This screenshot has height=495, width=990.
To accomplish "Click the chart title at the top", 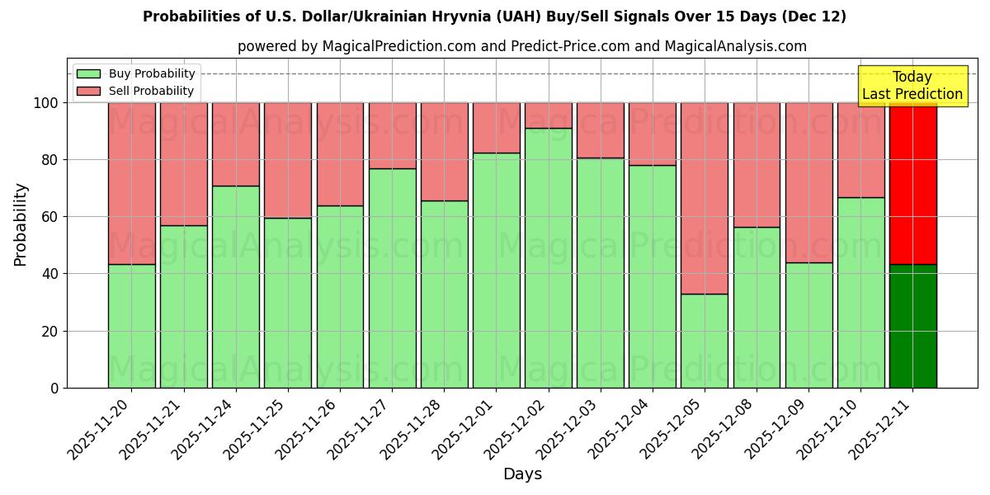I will (x=494, y=16).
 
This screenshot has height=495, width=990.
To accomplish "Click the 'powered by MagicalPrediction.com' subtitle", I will (x=521, y=46).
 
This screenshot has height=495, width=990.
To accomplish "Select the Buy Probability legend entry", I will (x=136, y=73).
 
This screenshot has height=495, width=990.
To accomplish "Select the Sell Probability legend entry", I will (x=136, y=91).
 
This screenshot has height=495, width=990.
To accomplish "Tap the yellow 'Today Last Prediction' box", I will (x=912, y=86).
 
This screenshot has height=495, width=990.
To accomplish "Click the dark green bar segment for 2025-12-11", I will (x=912, y=326).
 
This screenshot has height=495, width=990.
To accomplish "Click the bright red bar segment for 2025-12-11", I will (x=912, y=183).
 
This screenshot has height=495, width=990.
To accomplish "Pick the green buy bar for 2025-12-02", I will (x=548, y=257).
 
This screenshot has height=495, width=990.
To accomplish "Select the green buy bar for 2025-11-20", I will (x=131, y=326).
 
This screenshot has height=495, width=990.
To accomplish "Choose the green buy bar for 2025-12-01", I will (x=496, y=270).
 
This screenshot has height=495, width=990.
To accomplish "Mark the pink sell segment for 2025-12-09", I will (x=808, y=182).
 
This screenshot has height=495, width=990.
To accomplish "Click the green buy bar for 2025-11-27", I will (x=392, y=278).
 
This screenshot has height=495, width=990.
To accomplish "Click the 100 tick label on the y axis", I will (x=45, y=103).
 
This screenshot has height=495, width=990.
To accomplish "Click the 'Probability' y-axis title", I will (x=21, y=224).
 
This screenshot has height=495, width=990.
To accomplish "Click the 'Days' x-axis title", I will (x=521, y=474).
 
